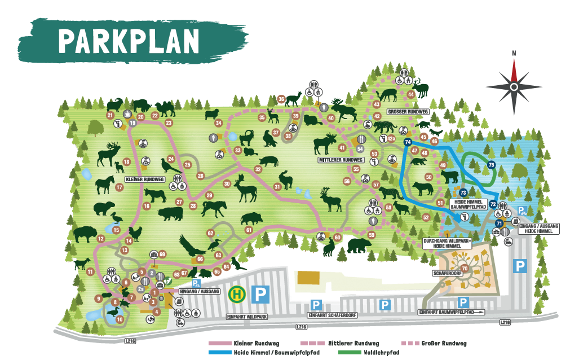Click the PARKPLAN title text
click(129, 40)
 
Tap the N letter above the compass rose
click(514, 54)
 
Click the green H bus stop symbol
click(236, 293)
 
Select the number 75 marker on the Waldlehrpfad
click(490, 165)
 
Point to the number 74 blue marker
click(408, 143)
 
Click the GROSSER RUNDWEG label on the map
click(409, 112)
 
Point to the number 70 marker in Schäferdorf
click(465, 268)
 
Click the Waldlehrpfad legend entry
click(382, 352)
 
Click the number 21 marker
click(110, 116)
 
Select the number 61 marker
click(248, 230)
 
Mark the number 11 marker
click(90, 272)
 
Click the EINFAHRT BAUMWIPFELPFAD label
click(451, 311)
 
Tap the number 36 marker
click(281, 99)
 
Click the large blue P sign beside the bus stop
click(260, 294)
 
